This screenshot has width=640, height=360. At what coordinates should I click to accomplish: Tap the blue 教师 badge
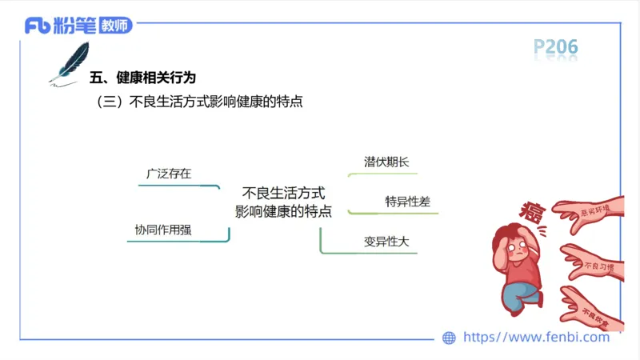[115, 26]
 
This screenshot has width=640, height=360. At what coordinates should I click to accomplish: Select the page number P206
[555, 48]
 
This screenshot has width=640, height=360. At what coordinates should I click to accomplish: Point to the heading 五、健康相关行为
[142, 78]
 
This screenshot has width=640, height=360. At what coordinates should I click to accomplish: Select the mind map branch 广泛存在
[168, 173]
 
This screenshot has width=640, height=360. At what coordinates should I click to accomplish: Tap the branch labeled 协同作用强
[163, 230]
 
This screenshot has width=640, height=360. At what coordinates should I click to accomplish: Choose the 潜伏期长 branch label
[386, 162]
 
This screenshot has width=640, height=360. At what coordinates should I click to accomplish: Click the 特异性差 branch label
[407, 202]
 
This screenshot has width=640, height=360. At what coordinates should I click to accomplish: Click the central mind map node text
[283, 202]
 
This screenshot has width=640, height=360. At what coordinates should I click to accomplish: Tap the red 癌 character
[532, 211]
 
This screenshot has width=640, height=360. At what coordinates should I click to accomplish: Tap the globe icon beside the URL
[449, 338]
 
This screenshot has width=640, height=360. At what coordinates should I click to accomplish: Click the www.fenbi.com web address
[536, 337]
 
